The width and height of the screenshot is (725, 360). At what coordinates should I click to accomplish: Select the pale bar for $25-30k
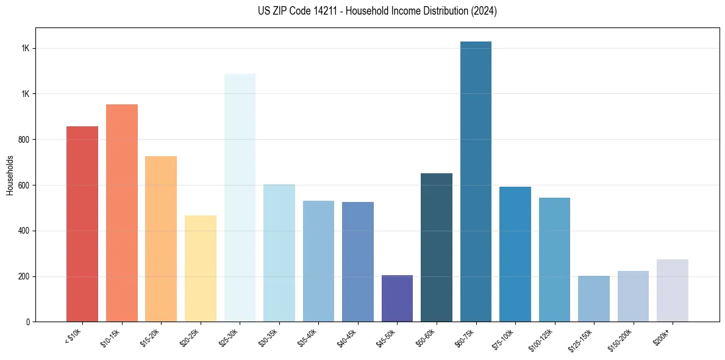240,198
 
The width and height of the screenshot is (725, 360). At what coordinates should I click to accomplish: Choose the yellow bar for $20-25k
201,268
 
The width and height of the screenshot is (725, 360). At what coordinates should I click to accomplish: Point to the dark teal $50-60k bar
437,247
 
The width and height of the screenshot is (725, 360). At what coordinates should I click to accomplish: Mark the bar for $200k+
673,290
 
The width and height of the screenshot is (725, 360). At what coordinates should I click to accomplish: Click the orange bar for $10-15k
122,213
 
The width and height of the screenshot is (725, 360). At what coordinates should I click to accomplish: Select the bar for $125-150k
594,299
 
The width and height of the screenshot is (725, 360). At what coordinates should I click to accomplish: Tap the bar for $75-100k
515,254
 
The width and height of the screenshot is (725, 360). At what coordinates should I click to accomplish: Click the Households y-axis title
10,175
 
